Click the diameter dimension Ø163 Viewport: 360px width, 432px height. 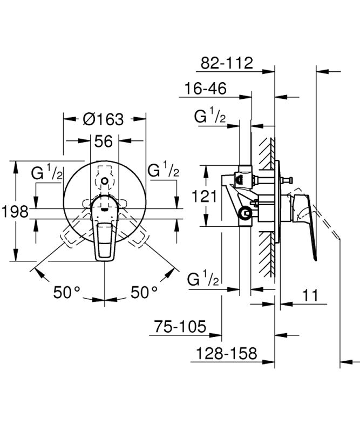pyautogui.click(x=104, y=118)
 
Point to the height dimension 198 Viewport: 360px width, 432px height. pyautogui.click(x=14, y=211)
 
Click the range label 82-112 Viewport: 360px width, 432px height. pyautogui.click(x=227, y=63)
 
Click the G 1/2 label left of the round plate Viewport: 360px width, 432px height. pyautogui.click(x=47, y=173)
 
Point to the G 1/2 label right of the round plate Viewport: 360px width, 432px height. pyautogui.click(x=164, y=170)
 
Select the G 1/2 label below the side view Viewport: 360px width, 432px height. pyautogui.click(x=203, y=279)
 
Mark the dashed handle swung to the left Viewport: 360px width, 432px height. pyautogui.click(x=73, y=230)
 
